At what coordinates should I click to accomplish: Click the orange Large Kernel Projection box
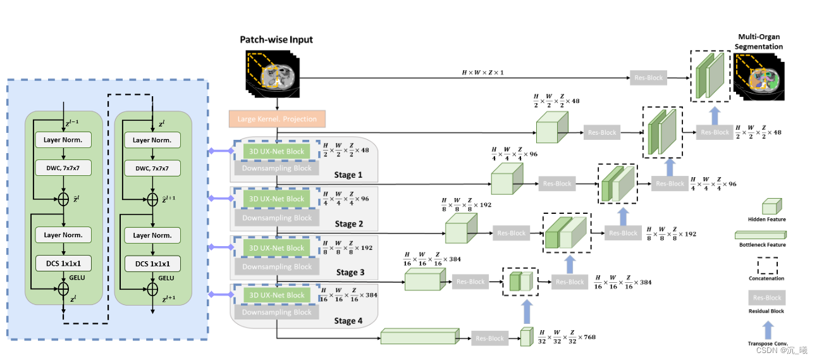pos(277,119)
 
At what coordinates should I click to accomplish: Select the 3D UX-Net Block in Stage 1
pos(277,151)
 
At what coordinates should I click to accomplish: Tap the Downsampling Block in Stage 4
pos(277,312)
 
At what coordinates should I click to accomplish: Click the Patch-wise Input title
pos(276,40)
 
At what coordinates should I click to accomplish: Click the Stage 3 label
pos(349,273)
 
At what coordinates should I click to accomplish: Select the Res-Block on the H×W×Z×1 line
pos(648,78)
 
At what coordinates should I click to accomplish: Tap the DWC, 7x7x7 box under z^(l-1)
pos(63,168)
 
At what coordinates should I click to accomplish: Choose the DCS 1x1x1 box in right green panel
pos(152,263)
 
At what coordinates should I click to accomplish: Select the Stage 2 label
pos(349,223)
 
